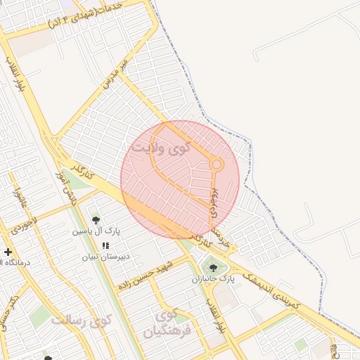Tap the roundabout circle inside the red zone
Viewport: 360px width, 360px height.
tap(217, 165)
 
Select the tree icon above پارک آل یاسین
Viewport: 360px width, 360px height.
tap(96, 219)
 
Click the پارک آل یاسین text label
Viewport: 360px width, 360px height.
tap(96, 231)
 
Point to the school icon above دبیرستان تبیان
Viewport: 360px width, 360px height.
tap(105, 245)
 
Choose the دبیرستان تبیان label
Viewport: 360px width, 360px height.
tap(105, 257)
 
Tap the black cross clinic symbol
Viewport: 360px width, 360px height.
tap(8, 252)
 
